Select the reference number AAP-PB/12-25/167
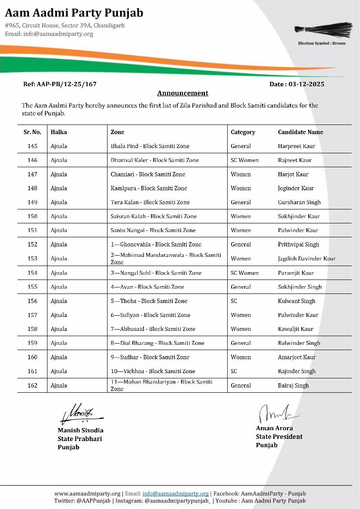(x=60, y=84)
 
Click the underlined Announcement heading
(x=182, y=93)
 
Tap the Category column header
(x=243, y=132)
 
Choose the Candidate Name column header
(x=300, y=132)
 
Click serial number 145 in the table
(x=32, y=146)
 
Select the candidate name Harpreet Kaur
(x=296, y=146)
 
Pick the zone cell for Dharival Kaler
(x=155, y=160)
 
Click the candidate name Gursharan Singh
(x=299, y=202)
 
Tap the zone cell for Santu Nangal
(x=153, y=230)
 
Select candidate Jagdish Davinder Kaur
(x=306, y=259)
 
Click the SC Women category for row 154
(x=244, y=273)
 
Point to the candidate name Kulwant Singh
(x=296, y=301)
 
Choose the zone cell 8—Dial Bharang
(x=157, y=343)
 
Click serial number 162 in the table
(x=32, y=385)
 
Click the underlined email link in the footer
(x=175, y=494)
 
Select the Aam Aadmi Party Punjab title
(x=74, y=13)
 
